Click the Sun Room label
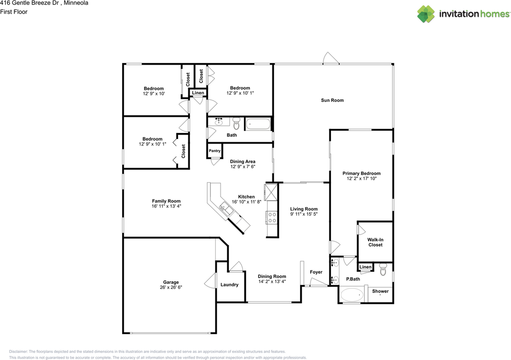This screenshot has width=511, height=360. coord(332,100)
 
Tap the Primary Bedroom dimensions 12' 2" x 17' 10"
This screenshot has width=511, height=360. coord(362,179)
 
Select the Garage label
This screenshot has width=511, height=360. coord(171,282)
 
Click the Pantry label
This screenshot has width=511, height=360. coord(214,151)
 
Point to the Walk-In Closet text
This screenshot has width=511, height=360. coord(375,242)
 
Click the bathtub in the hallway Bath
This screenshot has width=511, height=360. coord(258,124)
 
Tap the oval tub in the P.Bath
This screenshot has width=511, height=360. coord(352,295)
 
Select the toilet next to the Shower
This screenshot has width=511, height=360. coord(383,271)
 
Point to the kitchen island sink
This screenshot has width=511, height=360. coord(225,209)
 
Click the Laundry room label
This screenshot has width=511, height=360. coord(230,285)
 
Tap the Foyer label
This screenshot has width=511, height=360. coord(316,272)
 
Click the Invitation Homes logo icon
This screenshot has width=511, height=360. coord(426,14)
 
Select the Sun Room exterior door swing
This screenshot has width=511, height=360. coord(331,58)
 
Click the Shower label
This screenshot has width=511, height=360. coord(380,291)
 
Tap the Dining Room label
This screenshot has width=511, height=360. coord(272,276)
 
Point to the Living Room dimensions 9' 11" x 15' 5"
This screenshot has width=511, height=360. coord(304,214)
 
